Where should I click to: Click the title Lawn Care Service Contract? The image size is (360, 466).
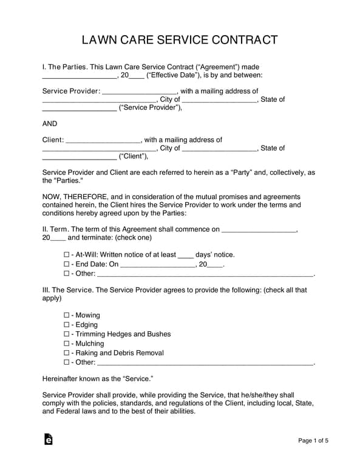click(x=180, y=41)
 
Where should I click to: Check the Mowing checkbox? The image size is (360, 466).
click(x=67, y=316)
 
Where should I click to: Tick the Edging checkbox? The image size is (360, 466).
click(x=67, y=325)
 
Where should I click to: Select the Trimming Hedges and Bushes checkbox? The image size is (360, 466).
click(x=67, y=334)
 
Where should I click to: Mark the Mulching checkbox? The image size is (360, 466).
click(x=67, y=343)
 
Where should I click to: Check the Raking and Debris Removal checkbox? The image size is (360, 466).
click(x=67, y=353)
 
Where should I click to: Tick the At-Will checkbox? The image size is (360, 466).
click(x=67, y=255)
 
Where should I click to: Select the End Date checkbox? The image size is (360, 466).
click(x=67, y=265)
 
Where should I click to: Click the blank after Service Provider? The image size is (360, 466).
click(x=139, y=92)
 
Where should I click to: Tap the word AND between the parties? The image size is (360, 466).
click(x=50, y=123)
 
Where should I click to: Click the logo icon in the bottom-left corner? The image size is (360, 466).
click(x=49, y=439)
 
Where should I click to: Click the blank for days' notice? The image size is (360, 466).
click(x=185, y=255)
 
